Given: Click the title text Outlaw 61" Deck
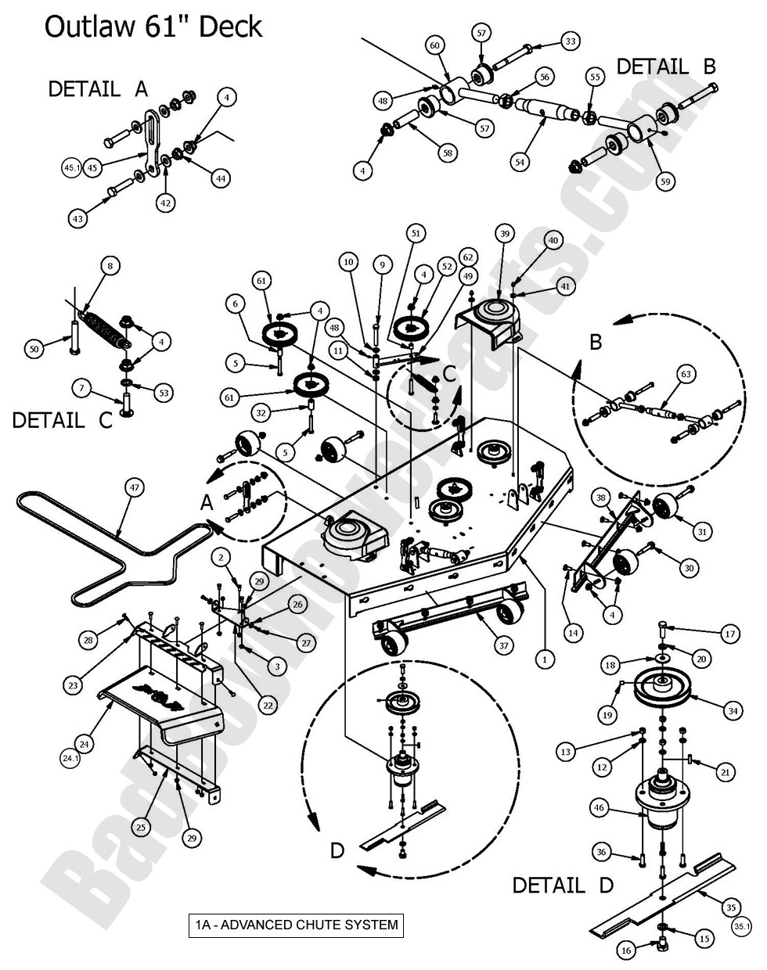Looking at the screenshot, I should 153,27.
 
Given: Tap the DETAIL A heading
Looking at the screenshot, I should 98,88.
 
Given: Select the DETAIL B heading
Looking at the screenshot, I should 666,66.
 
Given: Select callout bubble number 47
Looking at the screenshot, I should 135,487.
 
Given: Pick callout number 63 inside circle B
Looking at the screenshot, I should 685,375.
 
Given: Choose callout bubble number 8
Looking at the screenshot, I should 110,266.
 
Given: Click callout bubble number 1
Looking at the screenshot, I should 544,659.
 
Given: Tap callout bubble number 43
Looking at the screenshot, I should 77,220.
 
